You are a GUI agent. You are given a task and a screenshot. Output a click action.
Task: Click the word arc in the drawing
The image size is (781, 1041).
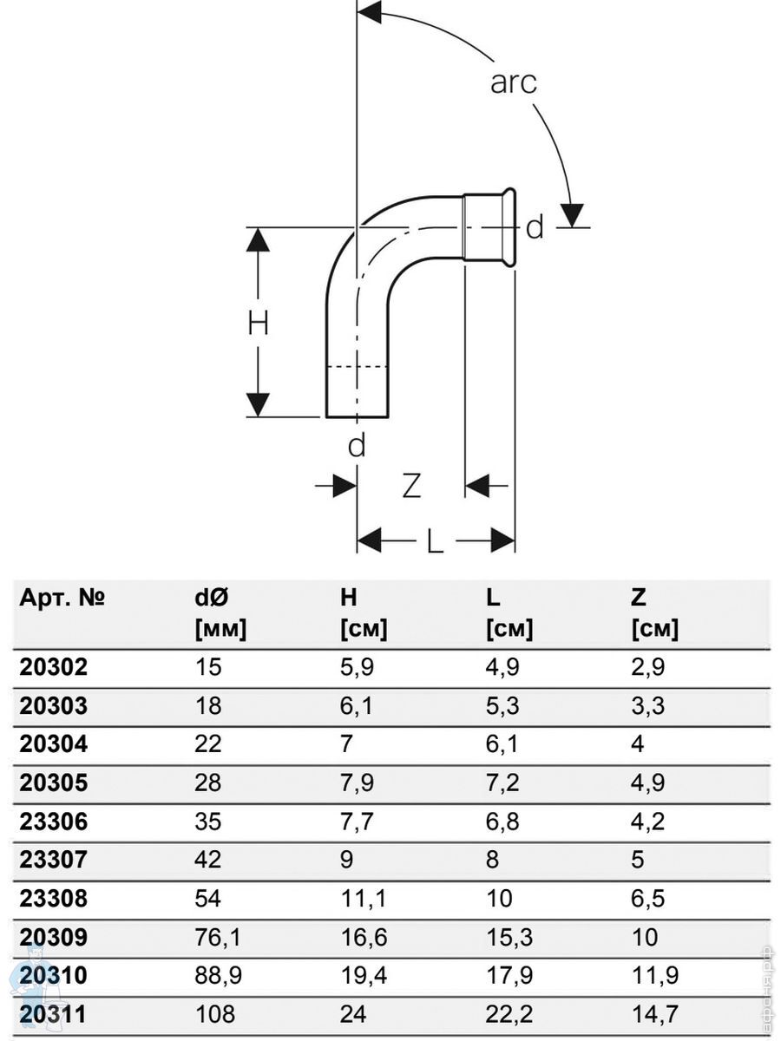514,82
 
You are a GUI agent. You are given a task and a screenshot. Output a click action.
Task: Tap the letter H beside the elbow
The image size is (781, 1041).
258,324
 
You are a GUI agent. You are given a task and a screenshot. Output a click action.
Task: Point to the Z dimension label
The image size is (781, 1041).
411,486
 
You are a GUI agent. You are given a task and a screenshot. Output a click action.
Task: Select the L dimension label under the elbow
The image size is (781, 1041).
435,542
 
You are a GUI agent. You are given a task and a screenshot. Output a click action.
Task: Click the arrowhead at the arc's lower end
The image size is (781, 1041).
572,213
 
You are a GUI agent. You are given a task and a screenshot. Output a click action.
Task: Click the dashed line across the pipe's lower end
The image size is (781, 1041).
357,367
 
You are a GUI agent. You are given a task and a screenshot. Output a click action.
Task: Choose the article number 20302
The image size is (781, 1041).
53,667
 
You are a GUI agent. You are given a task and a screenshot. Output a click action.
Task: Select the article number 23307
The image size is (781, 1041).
53,860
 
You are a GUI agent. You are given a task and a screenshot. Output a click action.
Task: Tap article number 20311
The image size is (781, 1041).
53,1013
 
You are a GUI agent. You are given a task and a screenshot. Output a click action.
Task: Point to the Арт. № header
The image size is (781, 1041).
62,597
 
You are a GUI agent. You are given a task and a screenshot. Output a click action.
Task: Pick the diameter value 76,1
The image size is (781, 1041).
218,937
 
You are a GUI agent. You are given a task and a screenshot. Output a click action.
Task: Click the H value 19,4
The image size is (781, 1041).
363,975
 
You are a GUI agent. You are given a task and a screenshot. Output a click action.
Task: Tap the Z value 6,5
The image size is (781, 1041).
648,898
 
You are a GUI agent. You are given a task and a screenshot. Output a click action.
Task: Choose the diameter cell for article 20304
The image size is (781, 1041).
208,744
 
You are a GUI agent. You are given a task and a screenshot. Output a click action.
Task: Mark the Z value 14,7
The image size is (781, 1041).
653,1013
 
